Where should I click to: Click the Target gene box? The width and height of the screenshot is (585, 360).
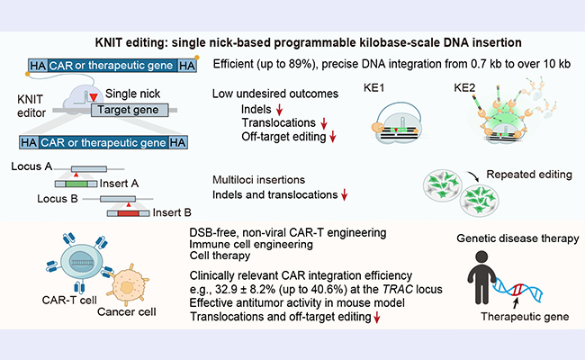point(130,110)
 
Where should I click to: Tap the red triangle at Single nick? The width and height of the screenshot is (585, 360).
point(94,97)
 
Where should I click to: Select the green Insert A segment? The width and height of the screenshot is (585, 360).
point(76,184)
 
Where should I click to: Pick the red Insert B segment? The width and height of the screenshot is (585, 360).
point(129,213)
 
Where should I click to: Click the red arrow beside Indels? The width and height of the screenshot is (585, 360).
point(279,110)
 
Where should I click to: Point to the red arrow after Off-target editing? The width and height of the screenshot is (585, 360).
point(333,137)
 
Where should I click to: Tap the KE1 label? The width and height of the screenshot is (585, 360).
point(373,88)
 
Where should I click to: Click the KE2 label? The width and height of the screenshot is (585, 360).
point(464,88)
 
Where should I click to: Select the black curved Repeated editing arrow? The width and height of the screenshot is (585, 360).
point(472,175)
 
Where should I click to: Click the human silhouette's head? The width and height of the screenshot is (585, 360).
point(481,257)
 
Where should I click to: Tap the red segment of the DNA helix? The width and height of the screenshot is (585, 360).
point(517,290)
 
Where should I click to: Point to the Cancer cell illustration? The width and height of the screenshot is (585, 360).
point(127,286)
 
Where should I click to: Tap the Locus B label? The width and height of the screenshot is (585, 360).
point(58,199)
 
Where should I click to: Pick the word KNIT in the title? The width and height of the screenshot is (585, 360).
point(109,42)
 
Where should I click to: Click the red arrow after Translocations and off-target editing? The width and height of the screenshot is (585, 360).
point(377,318)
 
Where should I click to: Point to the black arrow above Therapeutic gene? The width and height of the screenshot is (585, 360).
point(516,303)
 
